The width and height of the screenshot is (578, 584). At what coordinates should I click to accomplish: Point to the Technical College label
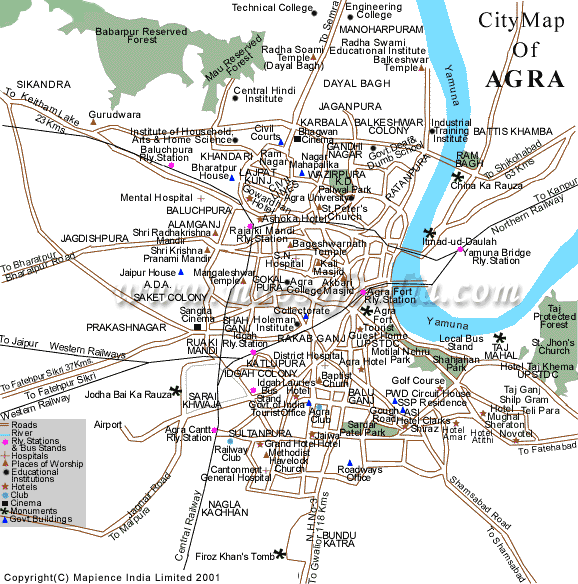(x=273, y=8)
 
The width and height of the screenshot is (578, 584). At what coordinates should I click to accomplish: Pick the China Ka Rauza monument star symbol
(x=458, y=176)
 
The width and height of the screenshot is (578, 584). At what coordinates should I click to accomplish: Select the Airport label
(x=108, y=424)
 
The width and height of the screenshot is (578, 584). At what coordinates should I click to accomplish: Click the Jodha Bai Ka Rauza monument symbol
(x=177, y=391)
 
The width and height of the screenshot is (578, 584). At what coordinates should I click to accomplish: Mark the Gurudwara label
(x=114, y=115)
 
